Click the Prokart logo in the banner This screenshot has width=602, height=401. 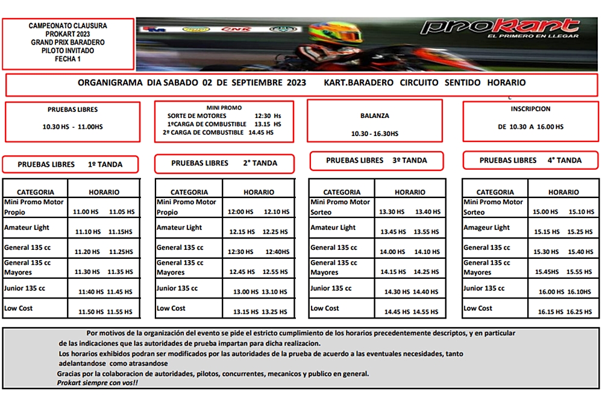[500, 28]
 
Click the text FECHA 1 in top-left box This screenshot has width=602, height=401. [67, 59]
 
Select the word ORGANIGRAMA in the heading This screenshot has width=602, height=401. [110, 82]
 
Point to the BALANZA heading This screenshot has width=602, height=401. [374, 116]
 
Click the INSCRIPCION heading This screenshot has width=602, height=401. [530, 109]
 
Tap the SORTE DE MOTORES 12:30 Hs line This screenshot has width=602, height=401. [224, 116]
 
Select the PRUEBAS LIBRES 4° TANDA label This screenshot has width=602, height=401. [530, 160]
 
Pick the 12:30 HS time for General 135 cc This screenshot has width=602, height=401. [240, 252]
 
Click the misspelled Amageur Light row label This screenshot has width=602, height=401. [486, 228]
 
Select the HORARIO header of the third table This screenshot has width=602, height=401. [410, 192]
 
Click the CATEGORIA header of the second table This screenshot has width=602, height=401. [189, 192]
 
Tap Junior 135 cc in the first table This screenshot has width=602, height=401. [25, 288]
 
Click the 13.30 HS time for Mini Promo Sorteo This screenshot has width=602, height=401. [392, 212]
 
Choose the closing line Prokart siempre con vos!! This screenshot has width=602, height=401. [97, 383]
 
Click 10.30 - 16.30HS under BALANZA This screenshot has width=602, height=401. [374, 134]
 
